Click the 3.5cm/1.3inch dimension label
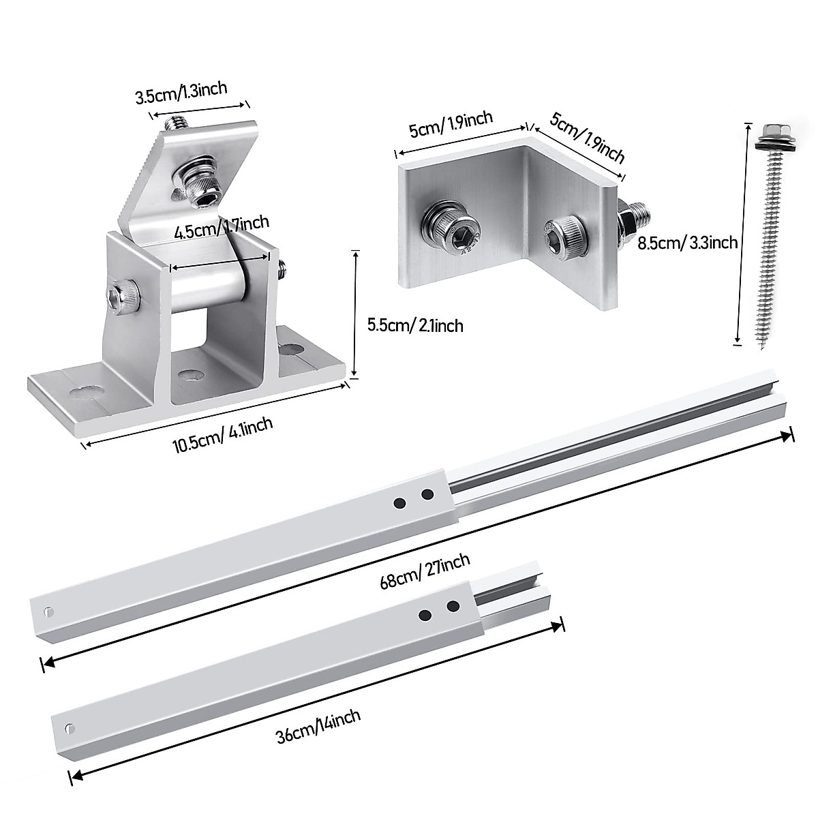(x=181, y=92)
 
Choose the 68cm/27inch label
(x=426, y=573)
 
